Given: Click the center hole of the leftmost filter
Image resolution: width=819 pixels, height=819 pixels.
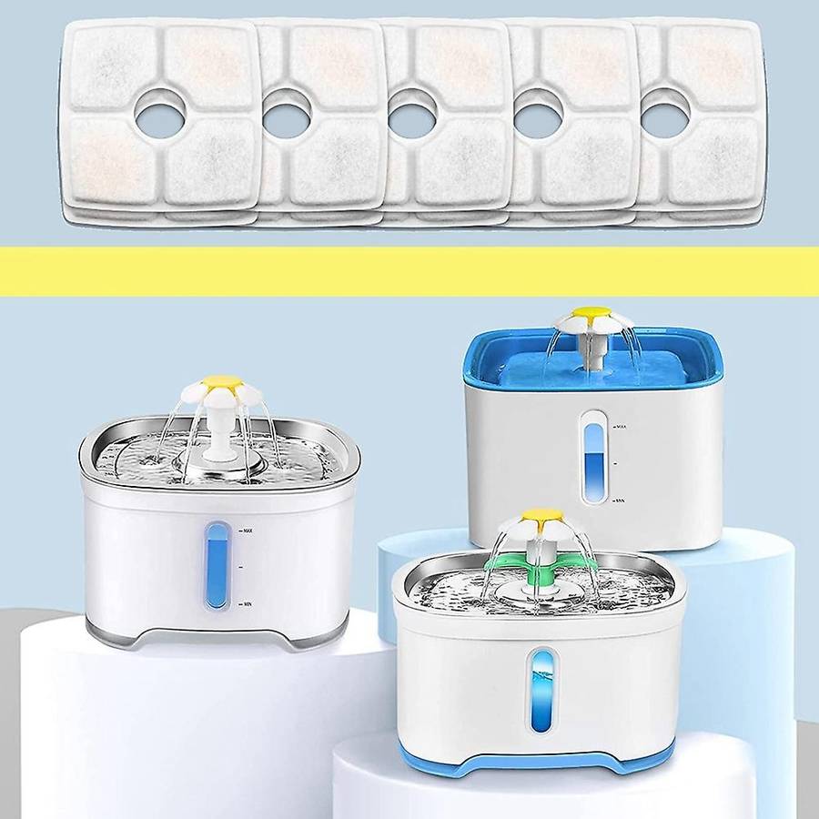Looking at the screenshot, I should (x=160, y=116).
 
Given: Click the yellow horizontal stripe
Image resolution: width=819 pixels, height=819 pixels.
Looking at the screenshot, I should (x=409, y=271).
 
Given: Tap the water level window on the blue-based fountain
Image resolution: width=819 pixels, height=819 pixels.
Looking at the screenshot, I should (x=543, y=692).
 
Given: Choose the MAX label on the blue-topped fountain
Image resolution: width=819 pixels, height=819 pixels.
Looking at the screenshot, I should (x=623, y=425).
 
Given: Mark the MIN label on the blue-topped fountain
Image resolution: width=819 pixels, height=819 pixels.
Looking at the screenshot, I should (x=623, y=500).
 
